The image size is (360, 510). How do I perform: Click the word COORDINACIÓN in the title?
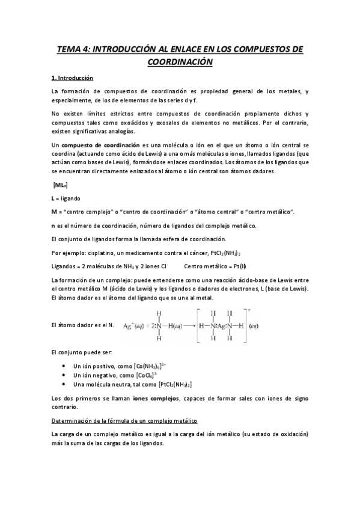(x=180, y=61)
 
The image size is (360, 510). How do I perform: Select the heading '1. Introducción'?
(x=72, y=78)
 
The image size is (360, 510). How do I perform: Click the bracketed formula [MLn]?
(x=60, y=185)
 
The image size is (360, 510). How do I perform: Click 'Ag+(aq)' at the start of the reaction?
(x=136, y=325)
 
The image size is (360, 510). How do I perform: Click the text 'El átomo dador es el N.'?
(x=83, y=325)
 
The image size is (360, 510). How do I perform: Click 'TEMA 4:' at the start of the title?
(x=74, y=49)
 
